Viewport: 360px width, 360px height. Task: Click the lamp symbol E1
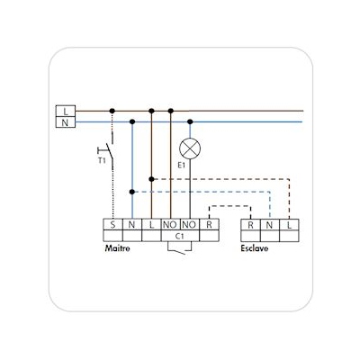coord(190,148)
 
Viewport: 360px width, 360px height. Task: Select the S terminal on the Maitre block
coord(112,224)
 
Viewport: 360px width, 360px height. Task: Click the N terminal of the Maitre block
coord(132,224)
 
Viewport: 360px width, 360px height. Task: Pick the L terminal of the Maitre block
coord(151,224)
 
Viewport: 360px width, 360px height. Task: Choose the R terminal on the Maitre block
coord(209,224)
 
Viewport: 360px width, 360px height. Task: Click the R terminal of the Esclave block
coord(250,225)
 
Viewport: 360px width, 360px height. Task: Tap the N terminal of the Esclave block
coord(270,225)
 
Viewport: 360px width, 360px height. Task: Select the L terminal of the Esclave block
coord(289,225)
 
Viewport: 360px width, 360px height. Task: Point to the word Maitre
coord(117,248)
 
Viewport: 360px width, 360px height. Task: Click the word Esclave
coord(255,248)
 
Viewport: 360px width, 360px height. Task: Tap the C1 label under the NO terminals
coord(179,237)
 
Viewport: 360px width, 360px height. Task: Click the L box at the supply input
coord(66,111)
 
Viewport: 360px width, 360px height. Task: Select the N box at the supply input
coord(66,122)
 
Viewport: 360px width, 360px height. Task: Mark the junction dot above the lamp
coord(190,121)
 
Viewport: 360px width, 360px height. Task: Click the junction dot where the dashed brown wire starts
coord(151,179)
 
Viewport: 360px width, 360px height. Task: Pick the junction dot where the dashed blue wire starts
coord(132,192)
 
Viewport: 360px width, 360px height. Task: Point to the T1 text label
coord(102,160)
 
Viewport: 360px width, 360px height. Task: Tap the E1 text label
coord(181,165)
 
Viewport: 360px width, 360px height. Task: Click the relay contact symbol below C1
coord(180,248)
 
